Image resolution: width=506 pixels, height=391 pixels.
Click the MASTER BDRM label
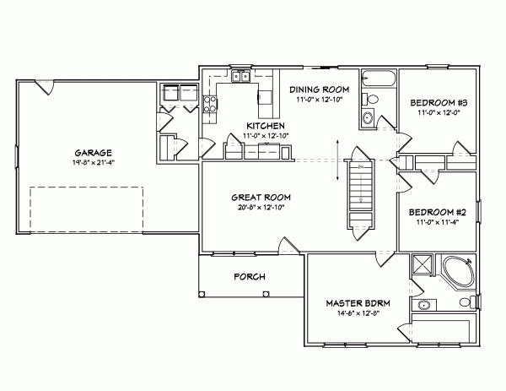[x=353, y=301]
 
